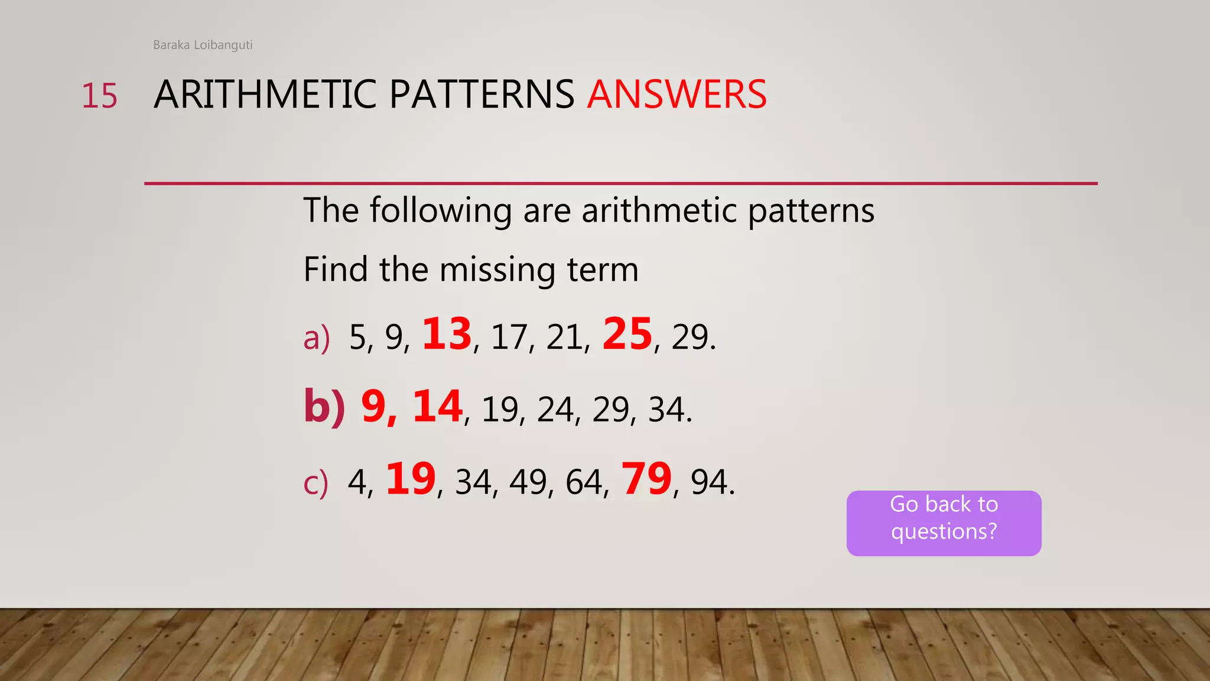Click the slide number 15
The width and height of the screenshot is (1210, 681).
point(99,96)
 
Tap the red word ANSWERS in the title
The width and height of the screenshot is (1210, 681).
point(676,95)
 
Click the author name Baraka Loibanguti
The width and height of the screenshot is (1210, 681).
point(203,45)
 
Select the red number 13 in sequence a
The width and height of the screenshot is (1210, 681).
point(447,334)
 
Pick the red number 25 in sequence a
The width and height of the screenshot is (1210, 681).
point(627,334)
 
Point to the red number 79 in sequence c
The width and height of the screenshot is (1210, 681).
point(646,479)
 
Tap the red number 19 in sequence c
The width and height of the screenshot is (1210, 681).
point(411,479)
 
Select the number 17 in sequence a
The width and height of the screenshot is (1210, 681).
point(509,338)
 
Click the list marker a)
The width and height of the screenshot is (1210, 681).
point(316,339)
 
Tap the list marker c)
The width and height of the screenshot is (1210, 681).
point(315,483)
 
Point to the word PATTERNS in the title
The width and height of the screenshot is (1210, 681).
point(482,95)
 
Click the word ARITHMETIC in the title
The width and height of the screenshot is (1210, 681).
point(265,95)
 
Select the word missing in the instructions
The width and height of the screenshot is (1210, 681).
point(497,270)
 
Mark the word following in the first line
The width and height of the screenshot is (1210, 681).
point(441,211)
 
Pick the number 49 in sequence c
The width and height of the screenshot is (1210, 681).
point(528,482)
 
